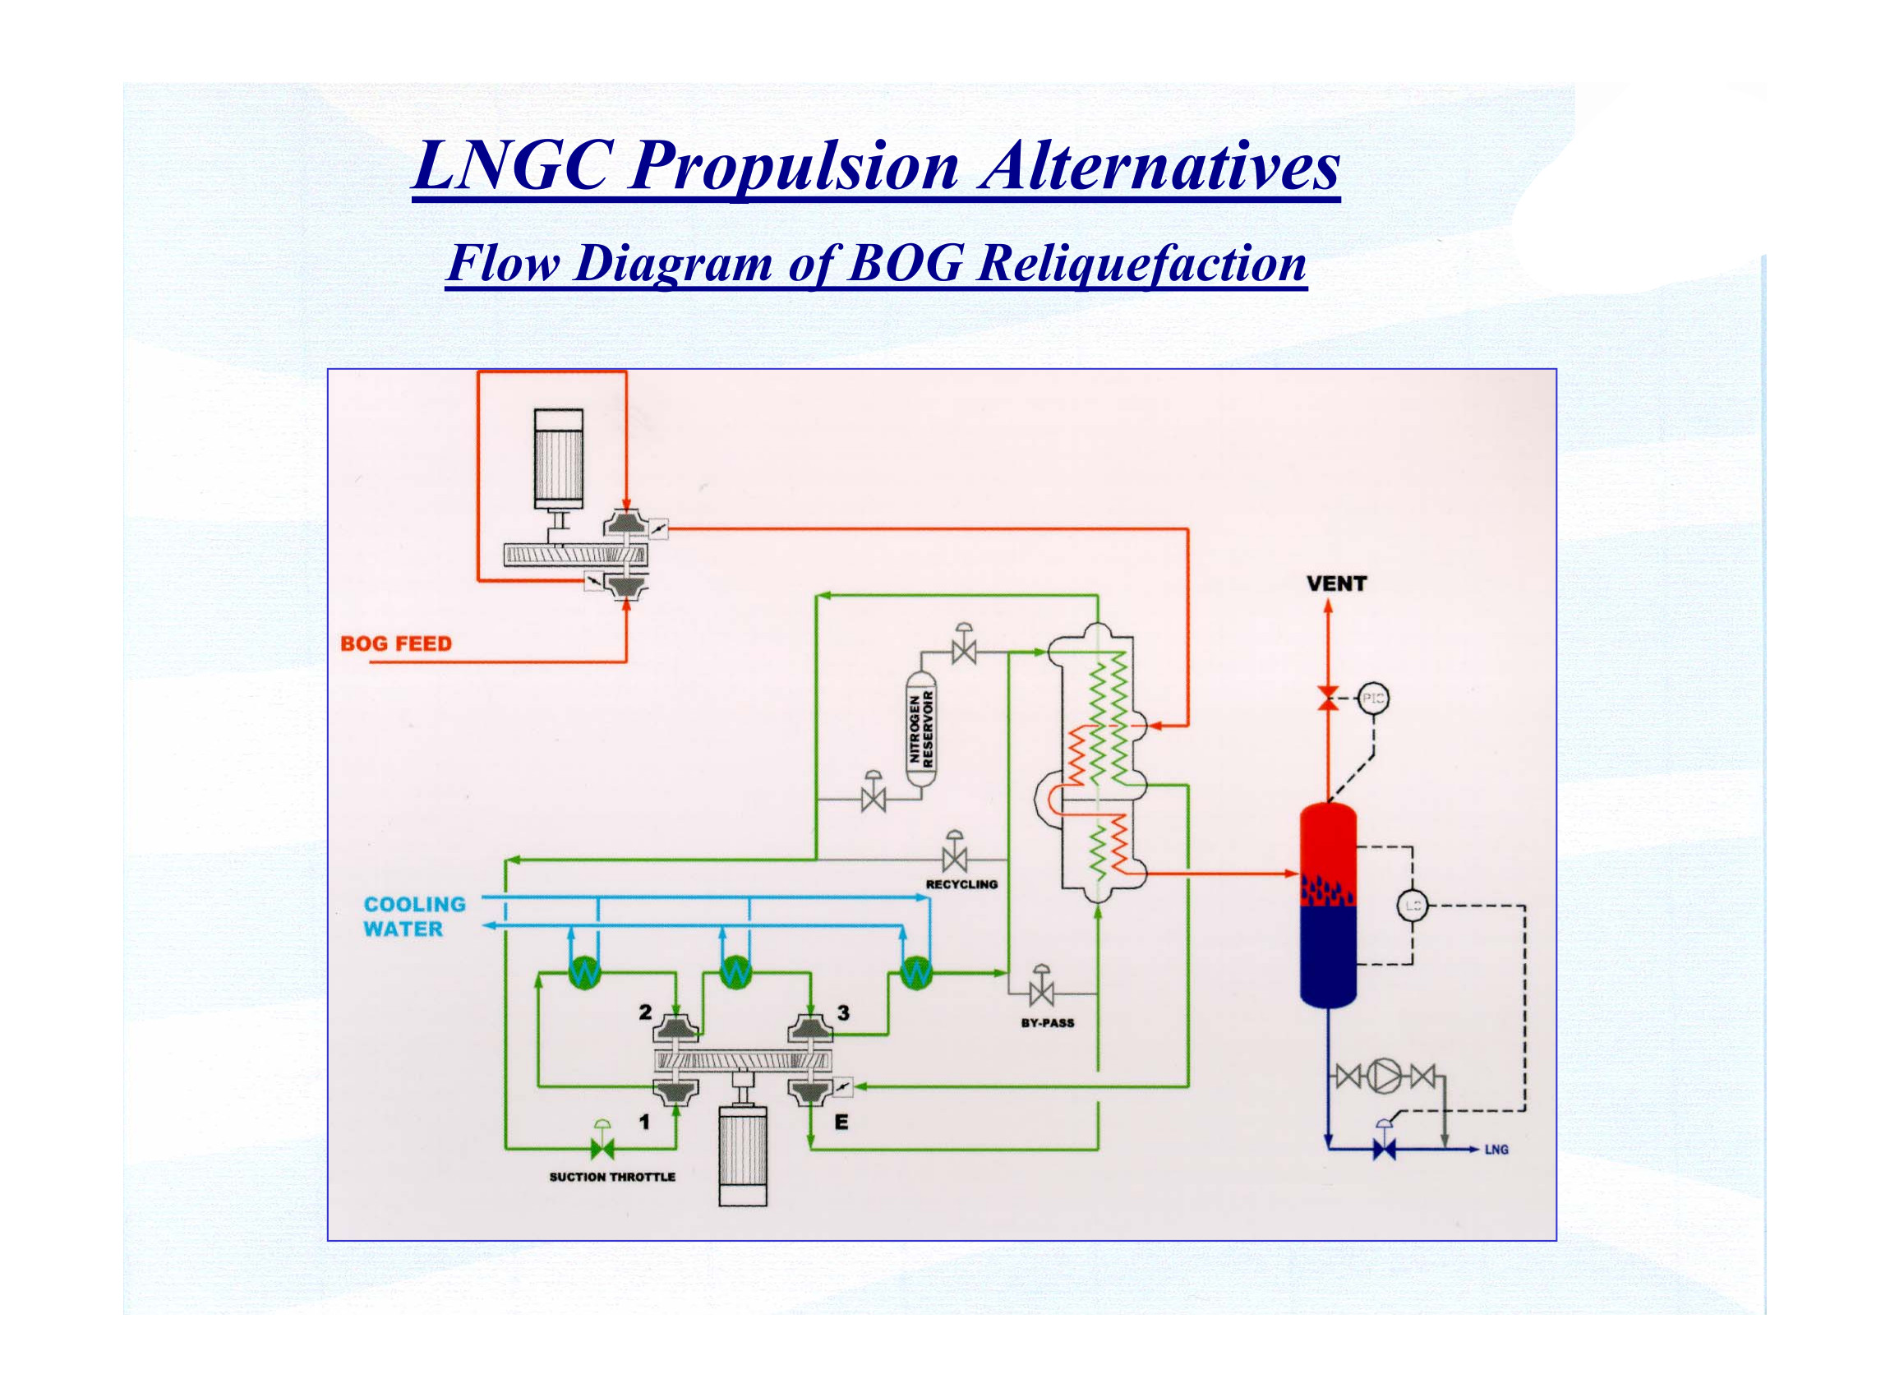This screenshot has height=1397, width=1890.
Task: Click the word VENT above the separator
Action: coord(1336,583)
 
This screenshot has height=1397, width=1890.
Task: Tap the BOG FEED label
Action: coord(396,643)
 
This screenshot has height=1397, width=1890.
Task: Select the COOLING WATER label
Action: coord(414,916)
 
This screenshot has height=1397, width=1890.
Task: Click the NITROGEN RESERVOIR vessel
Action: coord(921,729)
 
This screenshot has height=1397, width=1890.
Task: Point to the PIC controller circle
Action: coord(1372,698)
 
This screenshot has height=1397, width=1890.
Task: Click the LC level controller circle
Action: coord(1412,906)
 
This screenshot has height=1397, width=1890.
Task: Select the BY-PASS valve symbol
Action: coord(1041,991)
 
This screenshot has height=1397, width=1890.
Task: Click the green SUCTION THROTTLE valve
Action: coord(603,1148)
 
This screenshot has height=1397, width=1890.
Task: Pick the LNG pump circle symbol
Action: coord(1385,1076)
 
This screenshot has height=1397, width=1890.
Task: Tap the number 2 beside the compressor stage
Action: coord(645,1012)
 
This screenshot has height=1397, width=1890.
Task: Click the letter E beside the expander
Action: coord(841,1123)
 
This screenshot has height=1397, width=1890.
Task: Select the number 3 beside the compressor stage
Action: coord(843,1012)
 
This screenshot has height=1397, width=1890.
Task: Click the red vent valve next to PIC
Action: coord(1328,699)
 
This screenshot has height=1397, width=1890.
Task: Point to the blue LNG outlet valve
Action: coord(1385,1149)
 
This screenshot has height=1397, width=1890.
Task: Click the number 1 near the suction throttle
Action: coord(644,1123)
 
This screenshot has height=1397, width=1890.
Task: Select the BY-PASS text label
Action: coord(1047,1022)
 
